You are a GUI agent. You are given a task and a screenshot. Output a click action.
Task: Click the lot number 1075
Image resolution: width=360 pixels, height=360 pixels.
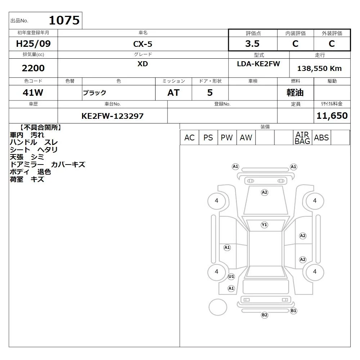pos(64,20)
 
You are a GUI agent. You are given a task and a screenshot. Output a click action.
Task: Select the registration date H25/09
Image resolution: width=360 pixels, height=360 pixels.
pos(33,44)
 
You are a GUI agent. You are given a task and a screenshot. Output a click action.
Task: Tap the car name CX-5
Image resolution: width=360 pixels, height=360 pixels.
pos(143,44)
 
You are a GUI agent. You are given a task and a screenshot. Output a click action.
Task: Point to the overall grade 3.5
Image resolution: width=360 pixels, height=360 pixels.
pos(252,44)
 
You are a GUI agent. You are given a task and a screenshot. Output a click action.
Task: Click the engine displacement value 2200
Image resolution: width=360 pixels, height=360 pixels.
pos(33,68)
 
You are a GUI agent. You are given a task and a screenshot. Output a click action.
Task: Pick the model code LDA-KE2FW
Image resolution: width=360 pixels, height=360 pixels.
pos(258,64)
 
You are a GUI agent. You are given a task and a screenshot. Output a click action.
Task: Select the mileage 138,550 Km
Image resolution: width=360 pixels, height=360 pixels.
pos(319,68)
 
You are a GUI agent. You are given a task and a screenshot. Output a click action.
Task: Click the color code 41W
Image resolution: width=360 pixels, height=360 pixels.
pos(33,93)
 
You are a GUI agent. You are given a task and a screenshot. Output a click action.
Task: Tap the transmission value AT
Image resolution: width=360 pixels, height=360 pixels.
pos(174,93)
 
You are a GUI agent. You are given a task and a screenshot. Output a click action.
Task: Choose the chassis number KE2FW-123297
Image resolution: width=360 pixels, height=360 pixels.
pos(112,116)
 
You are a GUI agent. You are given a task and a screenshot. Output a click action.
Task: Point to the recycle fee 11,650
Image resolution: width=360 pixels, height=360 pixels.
pos(332,116)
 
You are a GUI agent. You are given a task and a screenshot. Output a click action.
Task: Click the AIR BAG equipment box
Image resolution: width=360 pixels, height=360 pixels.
pos(302,138)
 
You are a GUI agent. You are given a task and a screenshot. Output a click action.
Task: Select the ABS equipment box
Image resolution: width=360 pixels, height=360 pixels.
pos(321,138)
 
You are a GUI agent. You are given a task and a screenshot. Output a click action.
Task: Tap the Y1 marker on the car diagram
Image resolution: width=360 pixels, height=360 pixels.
pos(265,225)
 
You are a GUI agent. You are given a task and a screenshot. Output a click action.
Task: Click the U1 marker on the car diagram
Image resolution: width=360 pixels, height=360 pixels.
pos(231,276)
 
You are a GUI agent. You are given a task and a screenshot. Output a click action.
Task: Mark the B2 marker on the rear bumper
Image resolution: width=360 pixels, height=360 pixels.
pos(265,315)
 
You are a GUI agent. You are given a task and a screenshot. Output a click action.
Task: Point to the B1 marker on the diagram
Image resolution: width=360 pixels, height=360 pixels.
pos(293,311)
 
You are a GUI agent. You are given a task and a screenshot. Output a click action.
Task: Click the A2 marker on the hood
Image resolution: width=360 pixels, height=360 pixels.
pos(265,192)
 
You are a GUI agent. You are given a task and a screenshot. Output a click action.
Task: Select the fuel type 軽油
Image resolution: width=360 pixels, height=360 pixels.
pos(295,93)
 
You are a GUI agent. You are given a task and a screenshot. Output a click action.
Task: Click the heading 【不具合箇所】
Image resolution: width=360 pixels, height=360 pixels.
pos(40,127)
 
